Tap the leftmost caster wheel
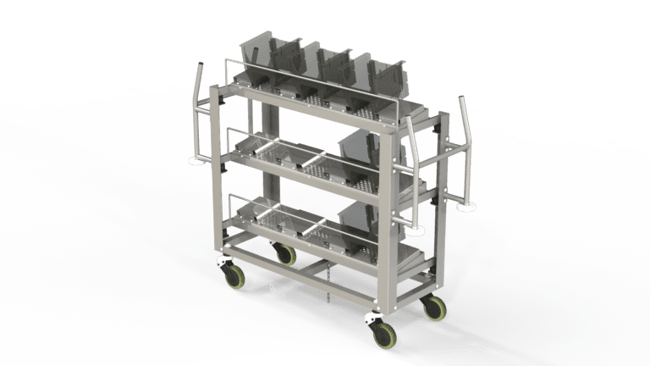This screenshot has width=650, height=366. (x=231, y=272)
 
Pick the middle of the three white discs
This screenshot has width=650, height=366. (x=416, y=228)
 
